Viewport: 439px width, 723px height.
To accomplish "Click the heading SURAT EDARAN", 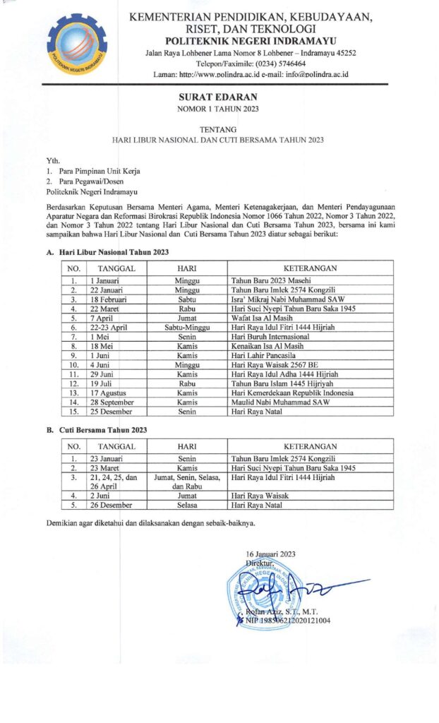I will [219, 97].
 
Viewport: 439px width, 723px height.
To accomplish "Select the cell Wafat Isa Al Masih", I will [262, 318].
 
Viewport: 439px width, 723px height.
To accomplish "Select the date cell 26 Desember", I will [112, 506].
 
